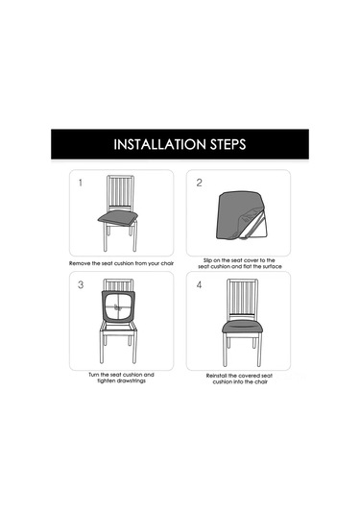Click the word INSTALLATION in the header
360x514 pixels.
tap(160, 144)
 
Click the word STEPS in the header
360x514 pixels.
tap(228, 144)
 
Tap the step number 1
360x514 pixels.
tap(81, 183)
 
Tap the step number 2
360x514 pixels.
tap(199, 183)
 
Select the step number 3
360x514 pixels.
tap(81, 284)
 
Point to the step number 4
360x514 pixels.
tap(199, 285)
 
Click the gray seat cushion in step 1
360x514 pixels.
tap(118, 218)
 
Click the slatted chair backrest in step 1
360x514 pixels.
tap(120, 192)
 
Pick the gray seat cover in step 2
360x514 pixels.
tap(241, 214)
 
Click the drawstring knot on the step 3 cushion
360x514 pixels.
tap(117, 306)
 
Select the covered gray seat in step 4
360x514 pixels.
tap(243, 326)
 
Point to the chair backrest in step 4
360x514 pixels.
tap(243, 298)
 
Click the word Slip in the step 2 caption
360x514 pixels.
tap(207, 260)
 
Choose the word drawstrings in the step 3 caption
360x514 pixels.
tap(129, 380)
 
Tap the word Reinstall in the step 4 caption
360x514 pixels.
tap(216, 376)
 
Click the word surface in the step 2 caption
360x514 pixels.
tap(273, 266)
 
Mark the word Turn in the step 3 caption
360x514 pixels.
tap(94, 375)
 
